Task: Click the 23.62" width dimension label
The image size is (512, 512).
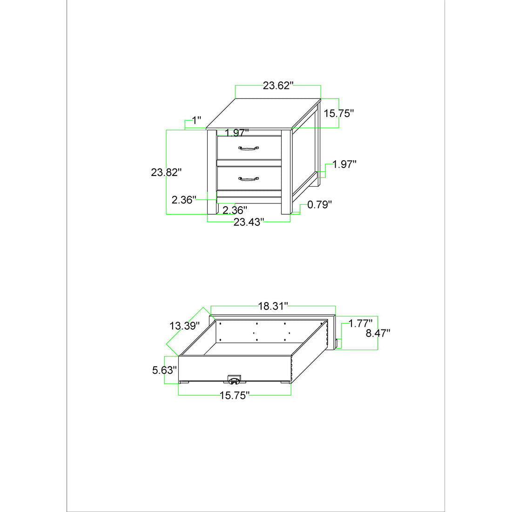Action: tap(278, 86)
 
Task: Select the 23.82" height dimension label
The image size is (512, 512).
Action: tap(166, 172)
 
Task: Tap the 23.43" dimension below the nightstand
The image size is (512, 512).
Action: tap(249, 222)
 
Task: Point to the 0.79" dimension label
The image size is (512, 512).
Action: tap(320, 205)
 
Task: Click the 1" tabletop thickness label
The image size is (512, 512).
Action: tap(196, 121)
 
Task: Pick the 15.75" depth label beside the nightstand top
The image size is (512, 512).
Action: tap(338, 113)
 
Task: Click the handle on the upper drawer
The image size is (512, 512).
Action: tap(249, 148)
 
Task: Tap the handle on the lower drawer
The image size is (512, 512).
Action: tap(249, 179)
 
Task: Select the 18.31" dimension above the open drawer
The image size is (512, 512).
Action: tap(273, 306)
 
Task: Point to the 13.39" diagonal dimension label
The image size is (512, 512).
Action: tap(184, 325)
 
